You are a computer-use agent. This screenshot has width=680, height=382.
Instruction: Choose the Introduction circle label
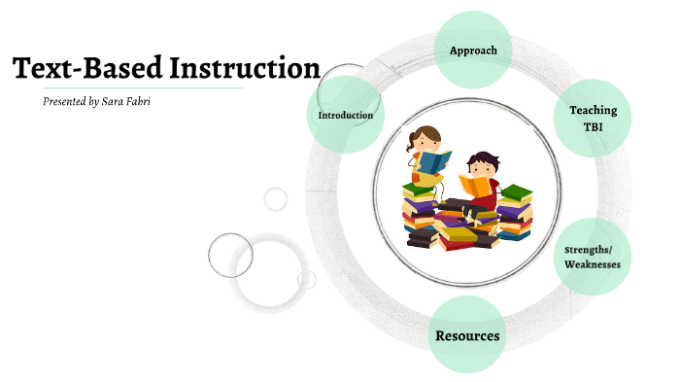pyautogui.click(x=345, y=116)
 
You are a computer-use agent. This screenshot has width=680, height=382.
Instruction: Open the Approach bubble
pyautogui.click(x=473, y=50)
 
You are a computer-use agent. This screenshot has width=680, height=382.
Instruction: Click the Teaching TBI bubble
pyautogui.click(x=593, y=118)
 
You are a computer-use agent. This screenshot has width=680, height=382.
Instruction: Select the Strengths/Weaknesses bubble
pyautogui.click(x=592, y=258)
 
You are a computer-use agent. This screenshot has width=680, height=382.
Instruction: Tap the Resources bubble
pyautogui.click(x=467, y=336)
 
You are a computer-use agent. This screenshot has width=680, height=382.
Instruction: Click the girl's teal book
pyautogui.click(x=435, y=161)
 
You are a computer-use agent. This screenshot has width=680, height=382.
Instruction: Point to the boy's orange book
pyautogui.click(x=474, y=185)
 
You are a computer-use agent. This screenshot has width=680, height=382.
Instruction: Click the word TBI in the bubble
pyautogui.click(x=593, y=127)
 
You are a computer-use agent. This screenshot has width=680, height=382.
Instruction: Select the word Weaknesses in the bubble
pyautogui.click(x=592, y=264)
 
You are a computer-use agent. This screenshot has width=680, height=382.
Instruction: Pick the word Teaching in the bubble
pyautogui.click(x=593, y=110)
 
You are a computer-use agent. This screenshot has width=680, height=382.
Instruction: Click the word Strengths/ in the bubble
pyautogui.click(x=592, y=250)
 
